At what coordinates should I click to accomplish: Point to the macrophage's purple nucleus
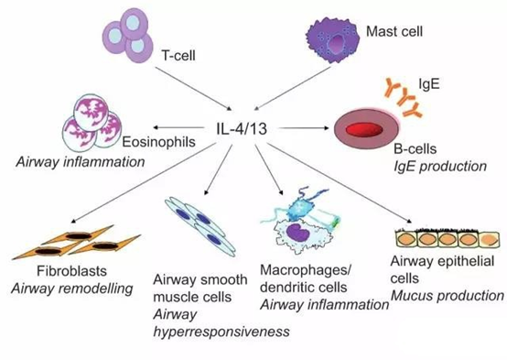(303, 234)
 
